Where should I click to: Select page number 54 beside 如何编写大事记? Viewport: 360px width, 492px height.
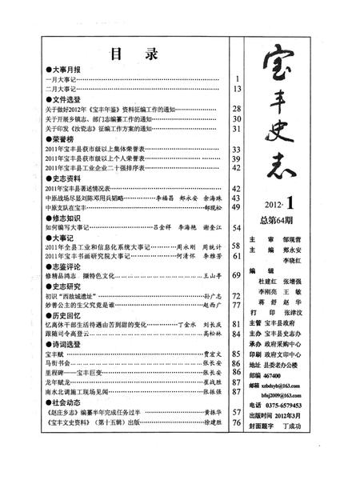tap(237, 228)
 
